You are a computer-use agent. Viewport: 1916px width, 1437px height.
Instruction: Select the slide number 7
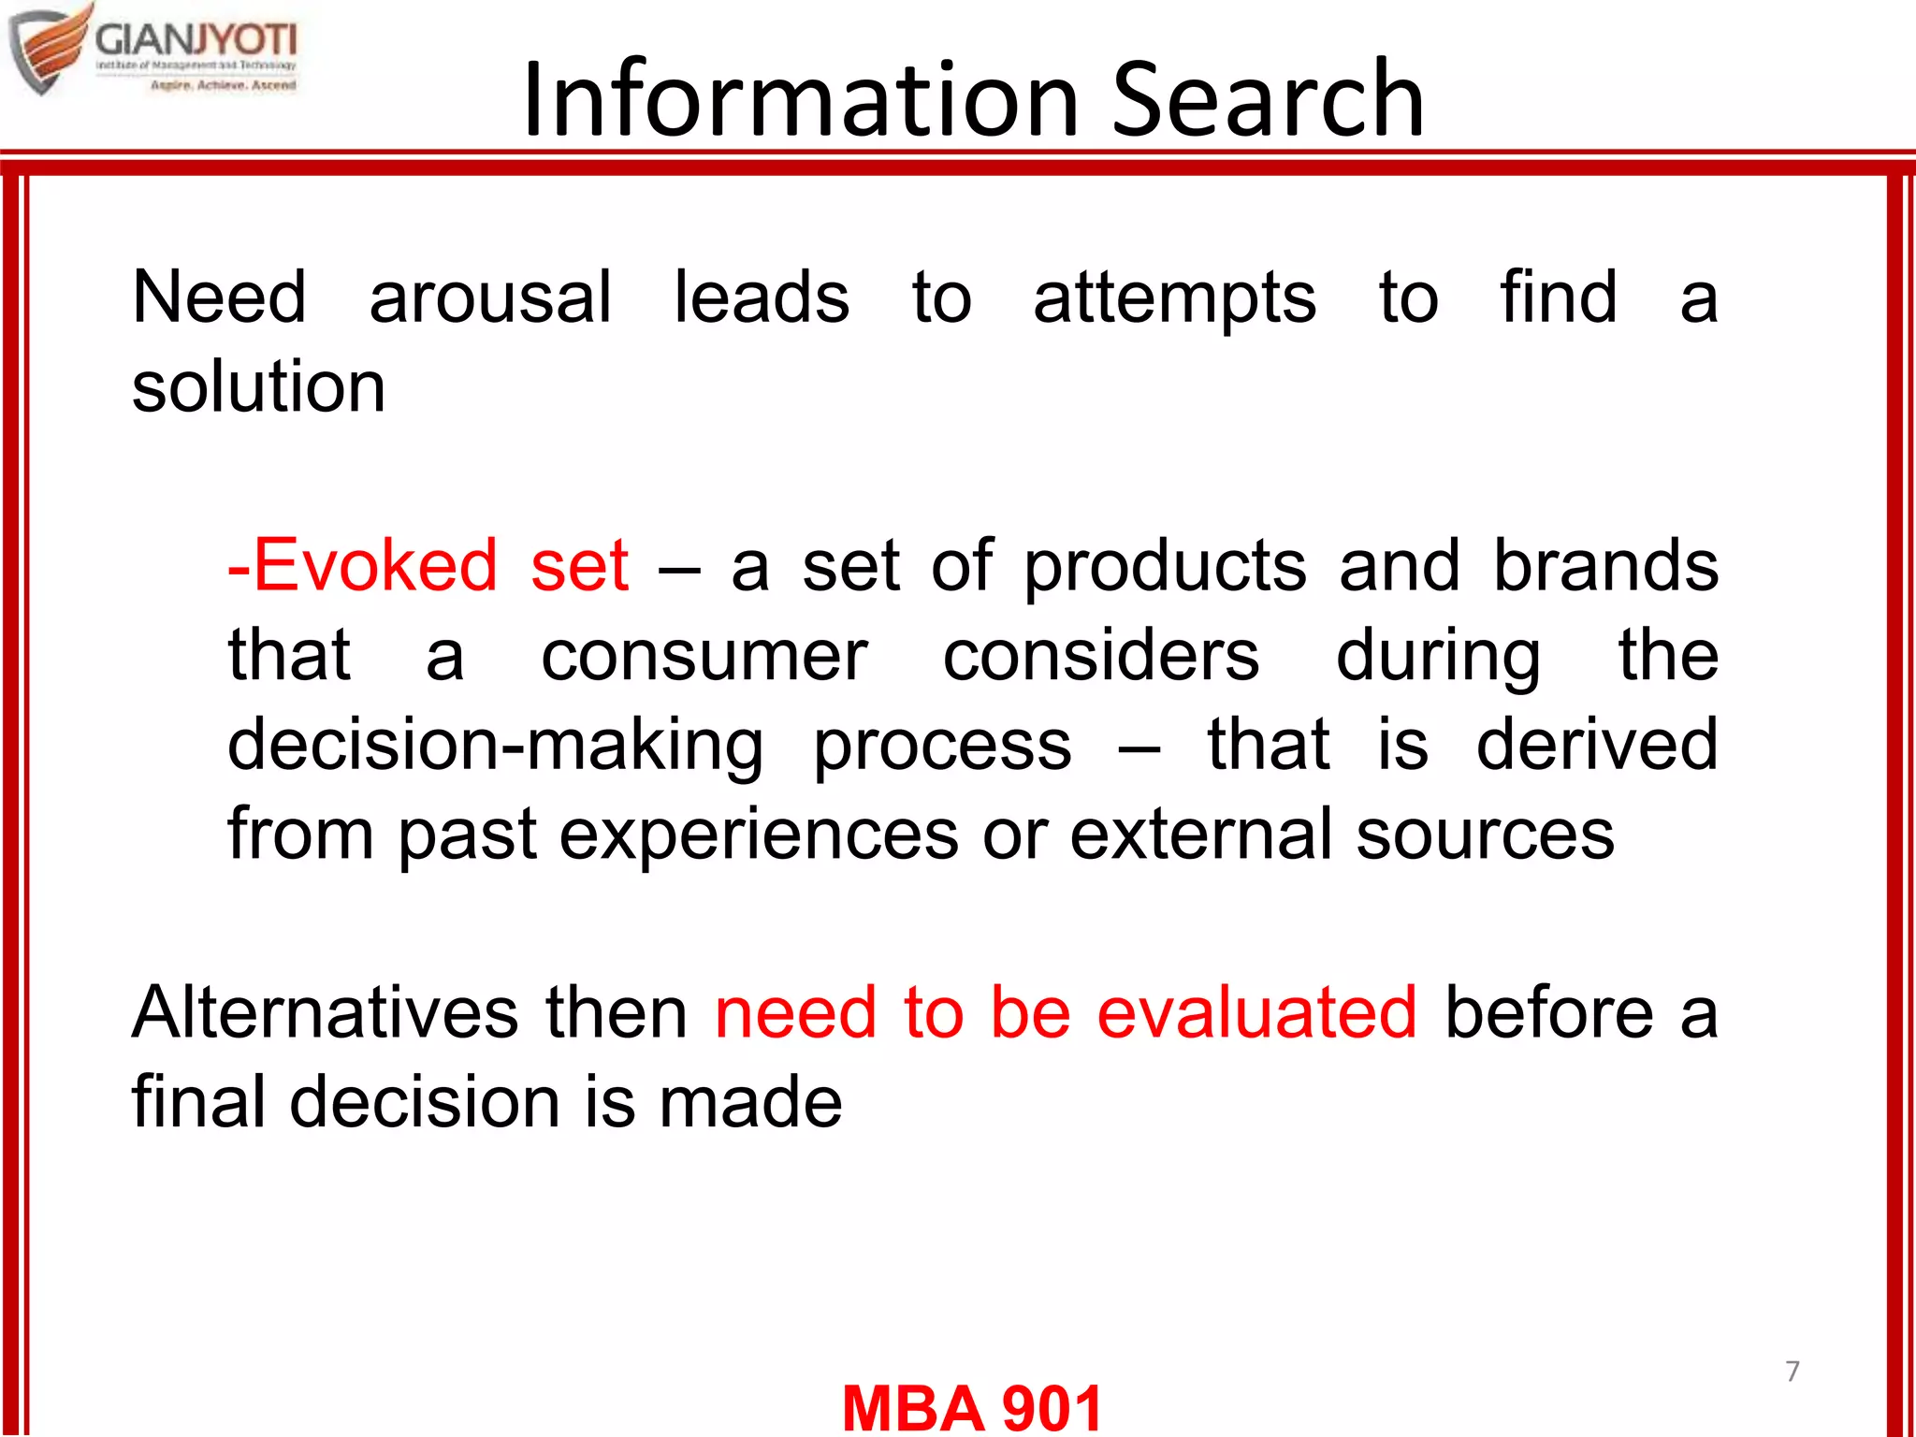(1793, 1372)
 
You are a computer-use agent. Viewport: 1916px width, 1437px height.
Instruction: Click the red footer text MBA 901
(972, 1407)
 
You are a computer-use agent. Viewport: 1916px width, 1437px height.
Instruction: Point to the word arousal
(490, 298)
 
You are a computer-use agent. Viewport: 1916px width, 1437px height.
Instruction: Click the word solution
(258, 386)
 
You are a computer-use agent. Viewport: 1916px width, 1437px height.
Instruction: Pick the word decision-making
(495, 746)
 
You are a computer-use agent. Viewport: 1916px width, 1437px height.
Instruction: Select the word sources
(1485, 835)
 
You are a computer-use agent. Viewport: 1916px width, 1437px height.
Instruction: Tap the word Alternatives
(325, 1012)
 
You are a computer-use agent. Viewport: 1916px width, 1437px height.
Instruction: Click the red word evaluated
(1256, 1012)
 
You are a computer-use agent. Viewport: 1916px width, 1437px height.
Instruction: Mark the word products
(1165, 567)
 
